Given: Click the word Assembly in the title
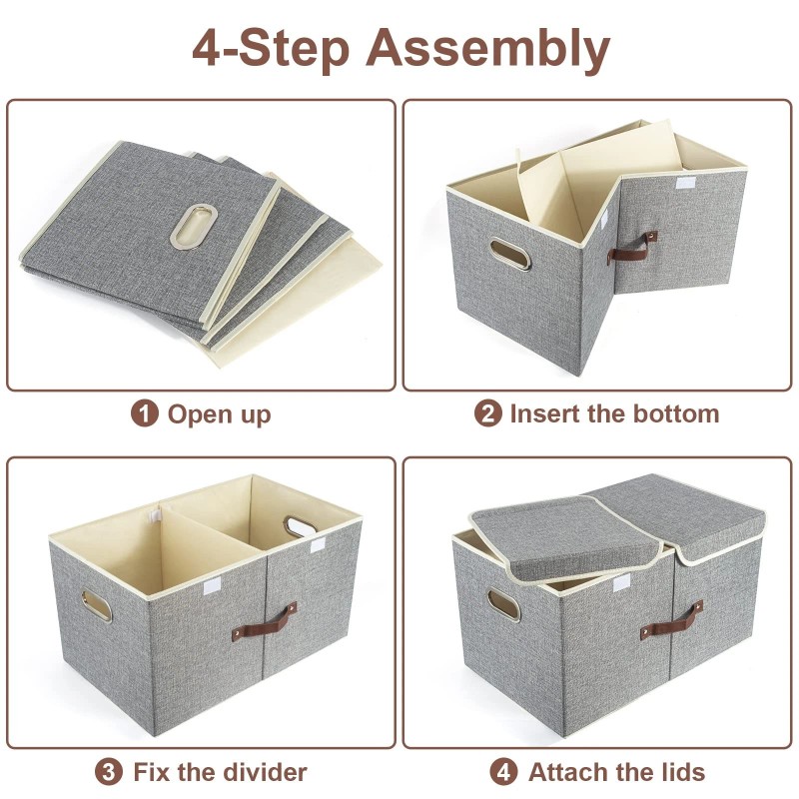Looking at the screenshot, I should [488, 47].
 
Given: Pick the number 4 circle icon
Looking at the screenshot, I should [504, 772].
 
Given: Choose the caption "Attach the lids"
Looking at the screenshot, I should [616, 772].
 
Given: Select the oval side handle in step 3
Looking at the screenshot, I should [99, 604].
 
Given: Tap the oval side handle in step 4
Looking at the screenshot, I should [502, 605].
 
